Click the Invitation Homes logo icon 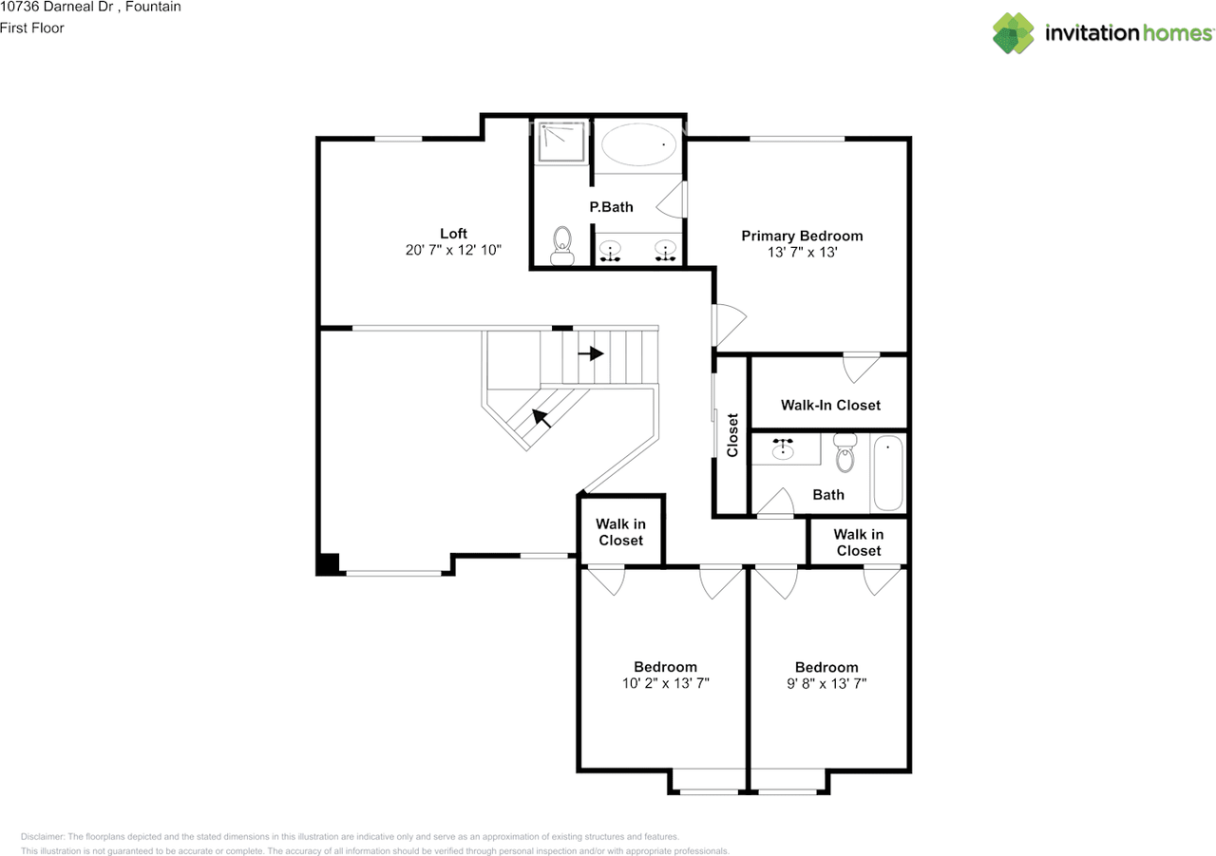coord(1014,33)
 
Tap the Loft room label coord(453,234)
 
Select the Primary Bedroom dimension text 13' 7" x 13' coord(803,253)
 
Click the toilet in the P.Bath coord(562,245)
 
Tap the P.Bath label coord(611,207)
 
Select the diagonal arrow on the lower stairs coord(543,417)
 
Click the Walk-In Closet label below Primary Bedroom coord(830,405)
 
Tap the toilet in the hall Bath coord(845,455)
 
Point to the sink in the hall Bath coord(785,449)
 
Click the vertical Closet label coord(732,434)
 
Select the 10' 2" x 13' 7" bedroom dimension coord(666,683)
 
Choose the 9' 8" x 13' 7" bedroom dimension coord(826,683)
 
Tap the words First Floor coord(32,29)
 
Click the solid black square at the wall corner coord(328,563)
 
